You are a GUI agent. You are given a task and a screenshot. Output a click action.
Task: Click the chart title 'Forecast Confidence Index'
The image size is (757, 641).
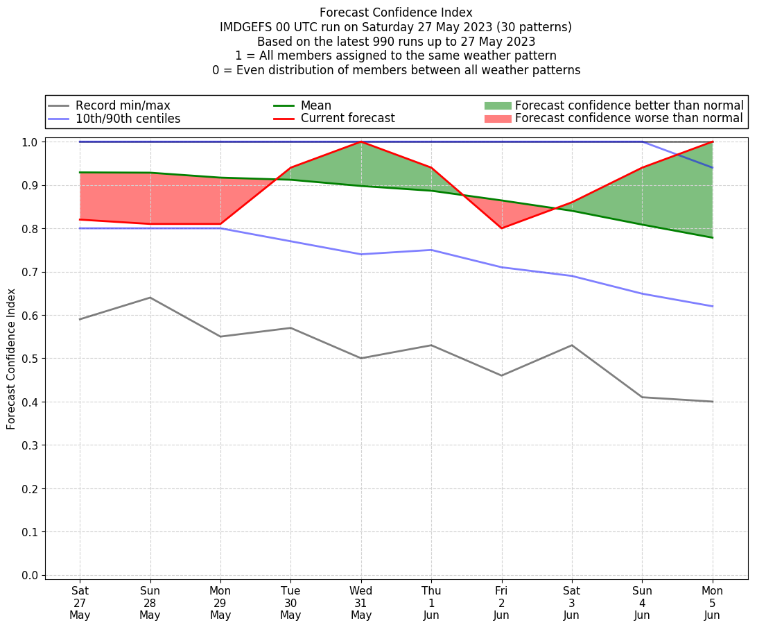coord(396,12)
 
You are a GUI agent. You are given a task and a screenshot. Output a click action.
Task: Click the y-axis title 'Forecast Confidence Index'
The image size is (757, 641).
coord(11,359)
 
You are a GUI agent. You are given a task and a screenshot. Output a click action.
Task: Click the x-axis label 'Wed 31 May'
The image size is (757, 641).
coord(360,603)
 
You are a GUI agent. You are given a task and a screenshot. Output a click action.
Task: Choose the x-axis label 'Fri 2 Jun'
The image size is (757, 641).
coord(501,603)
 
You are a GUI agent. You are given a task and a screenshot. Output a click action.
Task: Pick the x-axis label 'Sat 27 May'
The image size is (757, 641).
coord(80,603)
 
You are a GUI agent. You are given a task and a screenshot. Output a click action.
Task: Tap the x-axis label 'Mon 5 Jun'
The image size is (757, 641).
coord(712,603)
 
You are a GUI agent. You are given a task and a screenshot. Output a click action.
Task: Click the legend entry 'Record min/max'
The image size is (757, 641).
coord(123,105)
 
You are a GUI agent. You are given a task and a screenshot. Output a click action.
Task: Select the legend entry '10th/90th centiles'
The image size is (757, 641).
coord(128,119)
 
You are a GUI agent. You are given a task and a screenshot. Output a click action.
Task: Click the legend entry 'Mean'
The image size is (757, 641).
coord(315,105)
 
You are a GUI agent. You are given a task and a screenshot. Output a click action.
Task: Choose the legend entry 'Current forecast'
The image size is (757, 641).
coord(347,119)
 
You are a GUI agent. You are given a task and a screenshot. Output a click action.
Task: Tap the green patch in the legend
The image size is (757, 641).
coord(497,105)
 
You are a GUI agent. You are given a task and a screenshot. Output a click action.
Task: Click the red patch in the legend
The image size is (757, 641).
coord(497,119)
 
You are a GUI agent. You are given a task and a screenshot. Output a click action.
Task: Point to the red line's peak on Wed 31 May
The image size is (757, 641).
coord(360,142)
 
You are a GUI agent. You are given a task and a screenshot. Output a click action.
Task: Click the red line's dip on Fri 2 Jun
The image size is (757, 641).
coord(501,228)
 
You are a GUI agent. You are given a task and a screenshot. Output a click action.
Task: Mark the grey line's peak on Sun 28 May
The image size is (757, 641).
coord(150,298)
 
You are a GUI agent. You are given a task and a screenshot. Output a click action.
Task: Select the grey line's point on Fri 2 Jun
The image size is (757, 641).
coord(501,375)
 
